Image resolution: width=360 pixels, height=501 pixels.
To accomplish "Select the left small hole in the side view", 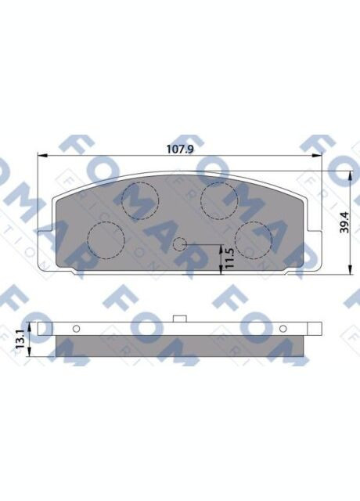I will pyautogui.click(x=77, y=328).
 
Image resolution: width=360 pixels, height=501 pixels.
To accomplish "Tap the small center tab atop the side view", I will pyautogui.click(x=180, y=318).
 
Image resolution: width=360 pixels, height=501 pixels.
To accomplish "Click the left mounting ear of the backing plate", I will pyautogui.click(x=46, y=231).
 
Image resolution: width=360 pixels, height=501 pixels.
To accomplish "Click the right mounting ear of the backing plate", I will pyautogui.click(x=315, y=231).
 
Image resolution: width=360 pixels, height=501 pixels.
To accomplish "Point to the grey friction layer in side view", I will pyautogui.click(x=180, y=344).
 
